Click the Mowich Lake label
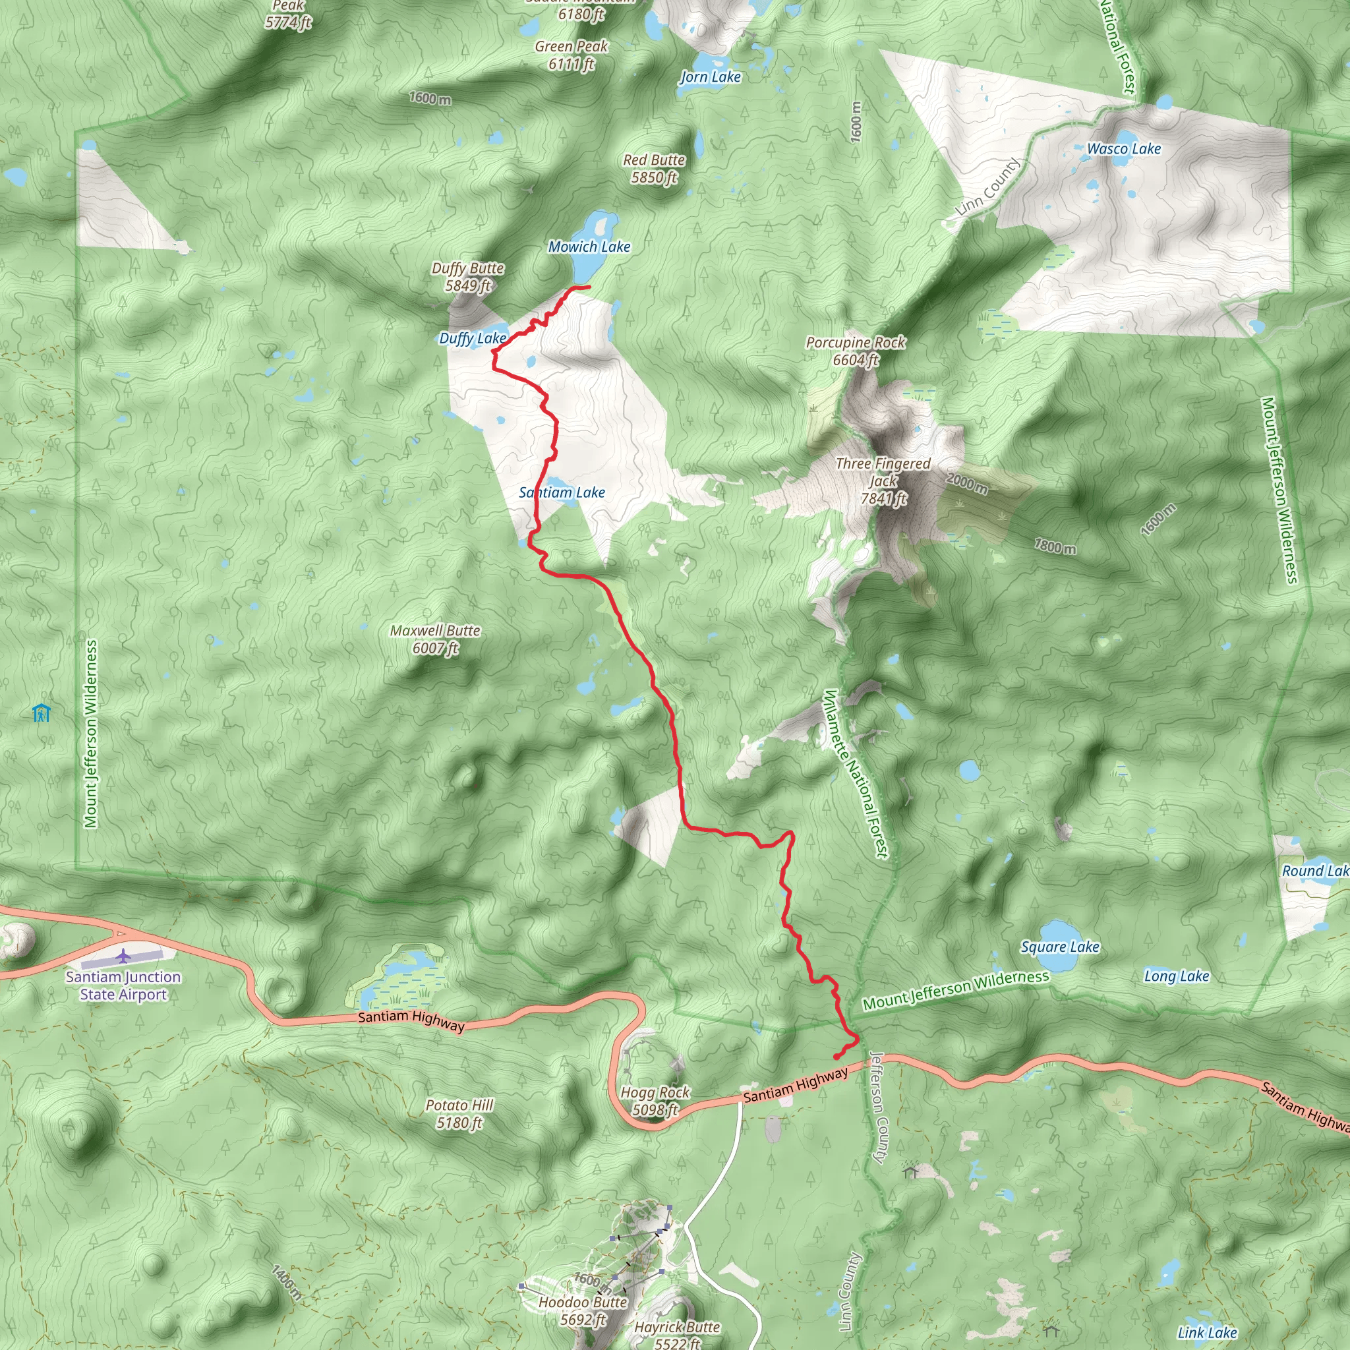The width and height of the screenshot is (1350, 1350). (x=589, y=247)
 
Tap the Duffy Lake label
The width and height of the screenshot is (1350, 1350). (x=473, y=338)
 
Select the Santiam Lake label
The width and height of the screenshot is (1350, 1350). (x=562, y=492)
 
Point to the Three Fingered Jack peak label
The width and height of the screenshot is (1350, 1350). (x=883, y=481)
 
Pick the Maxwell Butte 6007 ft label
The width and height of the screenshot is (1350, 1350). (x=435, y=639)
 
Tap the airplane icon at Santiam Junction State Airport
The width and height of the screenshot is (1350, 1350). (x=124, y=954)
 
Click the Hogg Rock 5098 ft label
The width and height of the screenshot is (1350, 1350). (x=655, y=1101)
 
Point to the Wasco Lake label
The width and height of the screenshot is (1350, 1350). (x=1124, y=149)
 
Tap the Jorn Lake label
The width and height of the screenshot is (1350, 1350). (x=711, y=77)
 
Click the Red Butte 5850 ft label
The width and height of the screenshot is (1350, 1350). (x=654, y=168)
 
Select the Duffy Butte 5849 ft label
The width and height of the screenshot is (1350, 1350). (x=467, y=277)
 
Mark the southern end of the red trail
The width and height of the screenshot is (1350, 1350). (x=836, y=1057)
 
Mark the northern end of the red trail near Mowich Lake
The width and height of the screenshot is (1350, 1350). (x=589, y=287)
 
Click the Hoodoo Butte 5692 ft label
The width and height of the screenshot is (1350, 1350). (x=583, y=1310)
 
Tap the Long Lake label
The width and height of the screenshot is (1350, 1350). (x=1177, y=976)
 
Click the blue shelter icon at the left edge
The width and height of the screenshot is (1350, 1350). (x=42, y=713)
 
